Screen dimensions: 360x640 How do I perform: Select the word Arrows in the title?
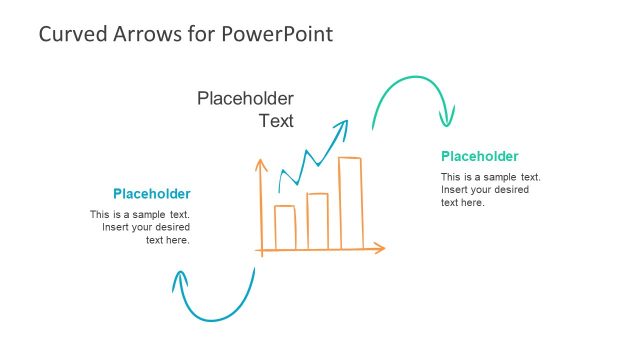[144, 34]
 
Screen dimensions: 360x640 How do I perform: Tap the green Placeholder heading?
[479, 156]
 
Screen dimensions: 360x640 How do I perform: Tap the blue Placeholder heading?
[151, 194]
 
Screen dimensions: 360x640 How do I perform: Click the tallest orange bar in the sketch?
[350, 202]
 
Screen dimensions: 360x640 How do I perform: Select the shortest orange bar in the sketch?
[285, 226]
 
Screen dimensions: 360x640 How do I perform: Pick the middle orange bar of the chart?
[317, 220]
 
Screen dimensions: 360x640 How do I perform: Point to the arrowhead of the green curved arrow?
[446, 119]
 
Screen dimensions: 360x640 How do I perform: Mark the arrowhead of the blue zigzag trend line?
[343, 124]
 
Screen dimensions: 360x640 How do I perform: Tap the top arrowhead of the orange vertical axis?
[260, 163]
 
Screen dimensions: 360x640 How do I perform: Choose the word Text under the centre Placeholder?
[276, 122]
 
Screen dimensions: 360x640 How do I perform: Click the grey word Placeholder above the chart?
[245, 98]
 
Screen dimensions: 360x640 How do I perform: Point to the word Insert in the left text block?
[116, 227]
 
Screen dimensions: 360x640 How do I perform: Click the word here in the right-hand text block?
[471, 203]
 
